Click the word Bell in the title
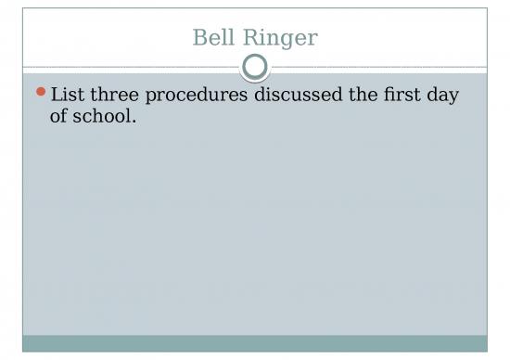tap(211, 38)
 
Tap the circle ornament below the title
tap(255, 67)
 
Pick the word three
tap(118, 96)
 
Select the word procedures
tap(198, 96)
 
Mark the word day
tap(444, 96)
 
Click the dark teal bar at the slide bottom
tap(255, 343)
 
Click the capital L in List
tap(57, 96)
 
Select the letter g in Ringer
tap(287, 41)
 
